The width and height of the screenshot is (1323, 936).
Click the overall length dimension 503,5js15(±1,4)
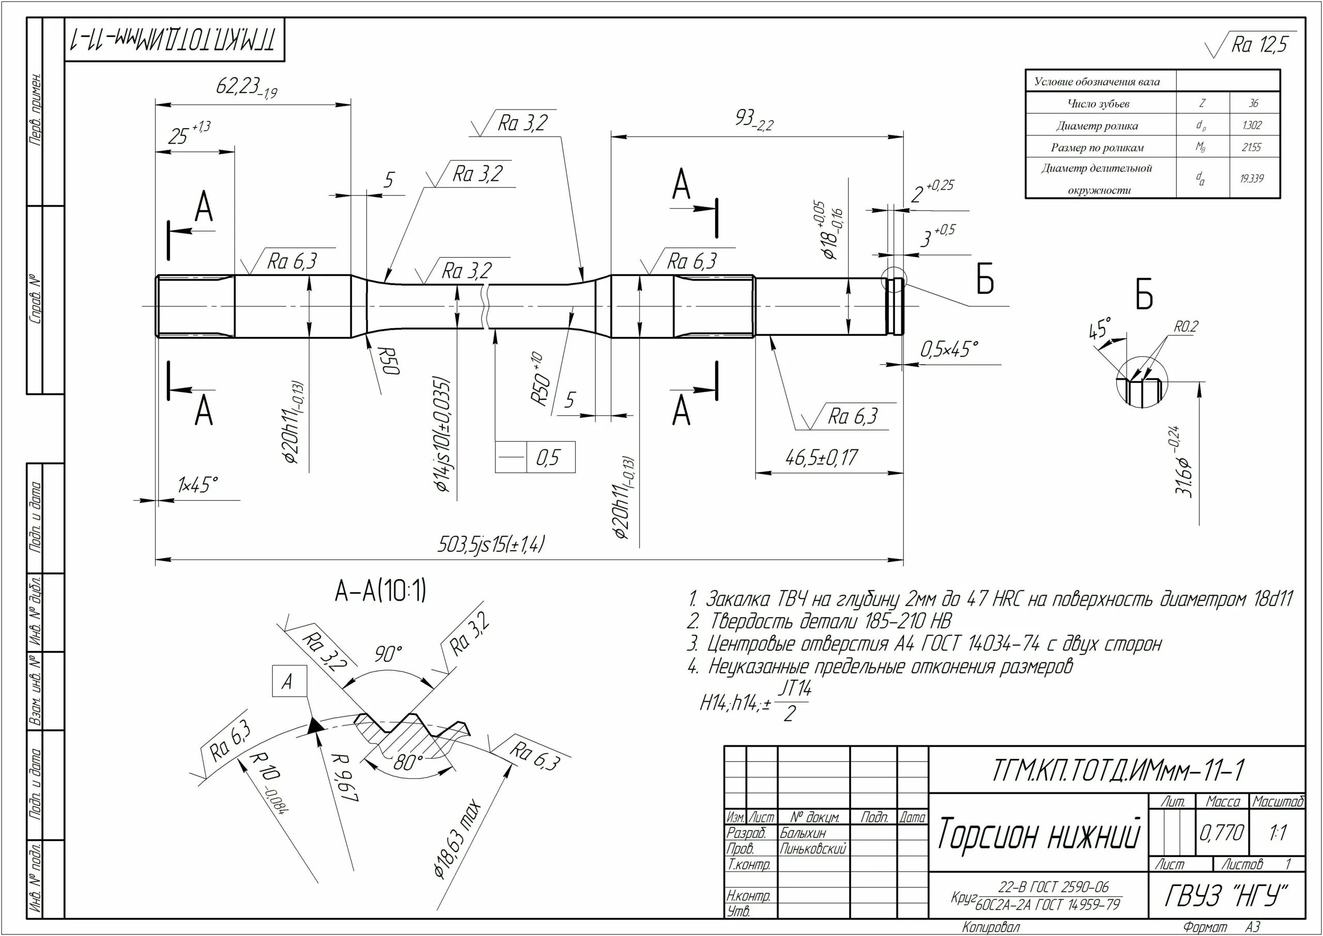[x=490, y=544]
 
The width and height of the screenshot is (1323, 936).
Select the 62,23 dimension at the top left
[x=246, y=88]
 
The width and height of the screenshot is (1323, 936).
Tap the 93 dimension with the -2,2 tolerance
[x=753, y=120]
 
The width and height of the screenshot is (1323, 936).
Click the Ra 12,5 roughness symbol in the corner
[x=1258, y=45]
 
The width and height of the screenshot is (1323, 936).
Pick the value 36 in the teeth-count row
[x=1254, y=104]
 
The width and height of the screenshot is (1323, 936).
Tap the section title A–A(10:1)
[x=380, y=591]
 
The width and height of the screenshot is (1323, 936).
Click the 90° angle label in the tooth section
[x=388, y=654]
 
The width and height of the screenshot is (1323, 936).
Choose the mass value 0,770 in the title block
[x=1222, y=833]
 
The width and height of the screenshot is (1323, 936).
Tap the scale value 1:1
[x=1278, y=833]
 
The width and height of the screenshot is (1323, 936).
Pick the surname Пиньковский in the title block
[x=813, y=848]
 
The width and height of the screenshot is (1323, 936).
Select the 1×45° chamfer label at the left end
[x=198, y=485]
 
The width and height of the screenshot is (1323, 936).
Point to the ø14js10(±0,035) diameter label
[x=442, y=435]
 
